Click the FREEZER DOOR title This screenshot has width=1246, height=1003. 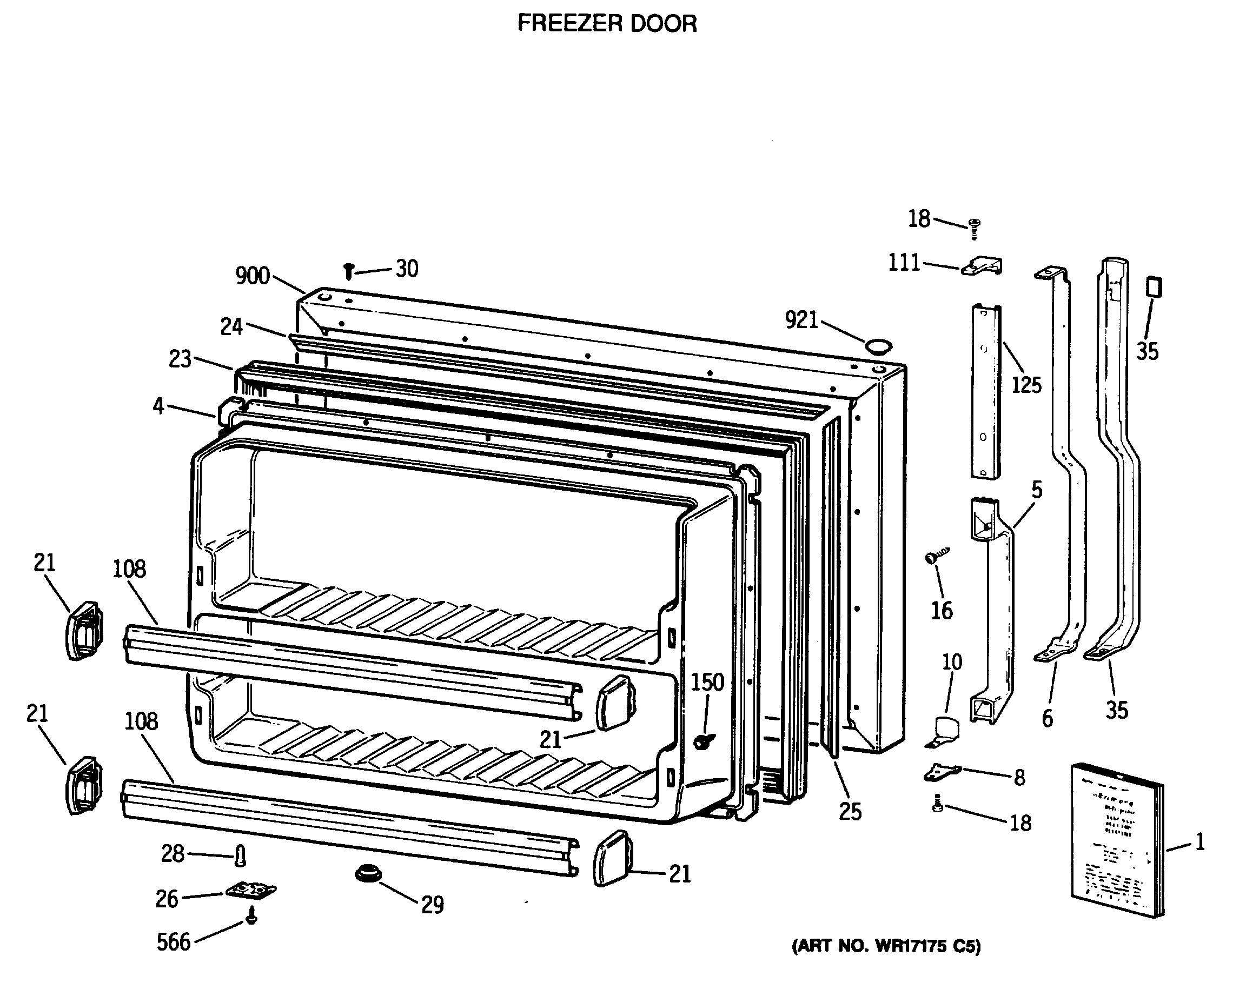(x=607, y=24)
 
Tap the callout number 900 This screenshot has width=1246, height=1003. (x=253, y=276)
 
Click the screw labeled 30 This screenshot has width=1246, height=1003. (x=349, y=271)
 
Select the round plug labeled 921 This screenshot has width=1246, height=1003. (x=878, y=346)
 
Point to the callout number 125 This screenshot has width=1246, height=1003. (x=1026, y=385)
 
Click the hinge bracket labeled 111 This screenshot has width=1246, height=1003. (x=982, y=266)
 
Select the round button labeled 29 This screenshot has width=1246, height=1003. (x=368, y=873)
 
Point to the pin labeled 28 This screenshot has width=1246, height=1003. (x=241, y=855)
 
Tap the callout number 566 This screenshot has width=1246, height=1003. (x=174, y=942)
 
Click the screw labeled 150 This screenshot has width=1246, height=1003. (x=704, y=741)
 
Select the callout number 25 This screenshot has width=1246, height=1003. (x=850, y=812)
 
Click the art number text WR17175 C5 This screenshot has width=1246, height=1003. (x=886, y=946)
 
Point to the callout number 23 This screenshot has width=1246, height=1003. (x=180, y=359)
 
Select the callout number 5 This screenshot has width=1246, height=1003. (x=1037, y=490)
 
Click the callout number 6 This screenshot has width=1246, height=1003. (x=1047, y=719)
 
